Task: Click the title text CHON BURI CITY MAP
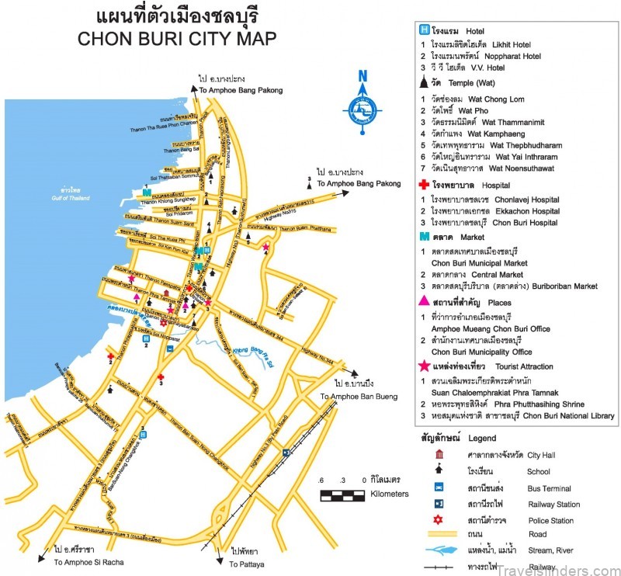177,40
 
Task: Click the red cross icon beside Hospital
423,185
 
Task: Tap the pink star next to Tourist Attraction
423,366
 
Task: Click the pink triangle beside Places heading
423,301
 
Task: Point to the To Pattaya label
248,560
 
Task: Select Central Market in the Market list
497,274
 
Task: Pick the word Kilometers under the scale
390,494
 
